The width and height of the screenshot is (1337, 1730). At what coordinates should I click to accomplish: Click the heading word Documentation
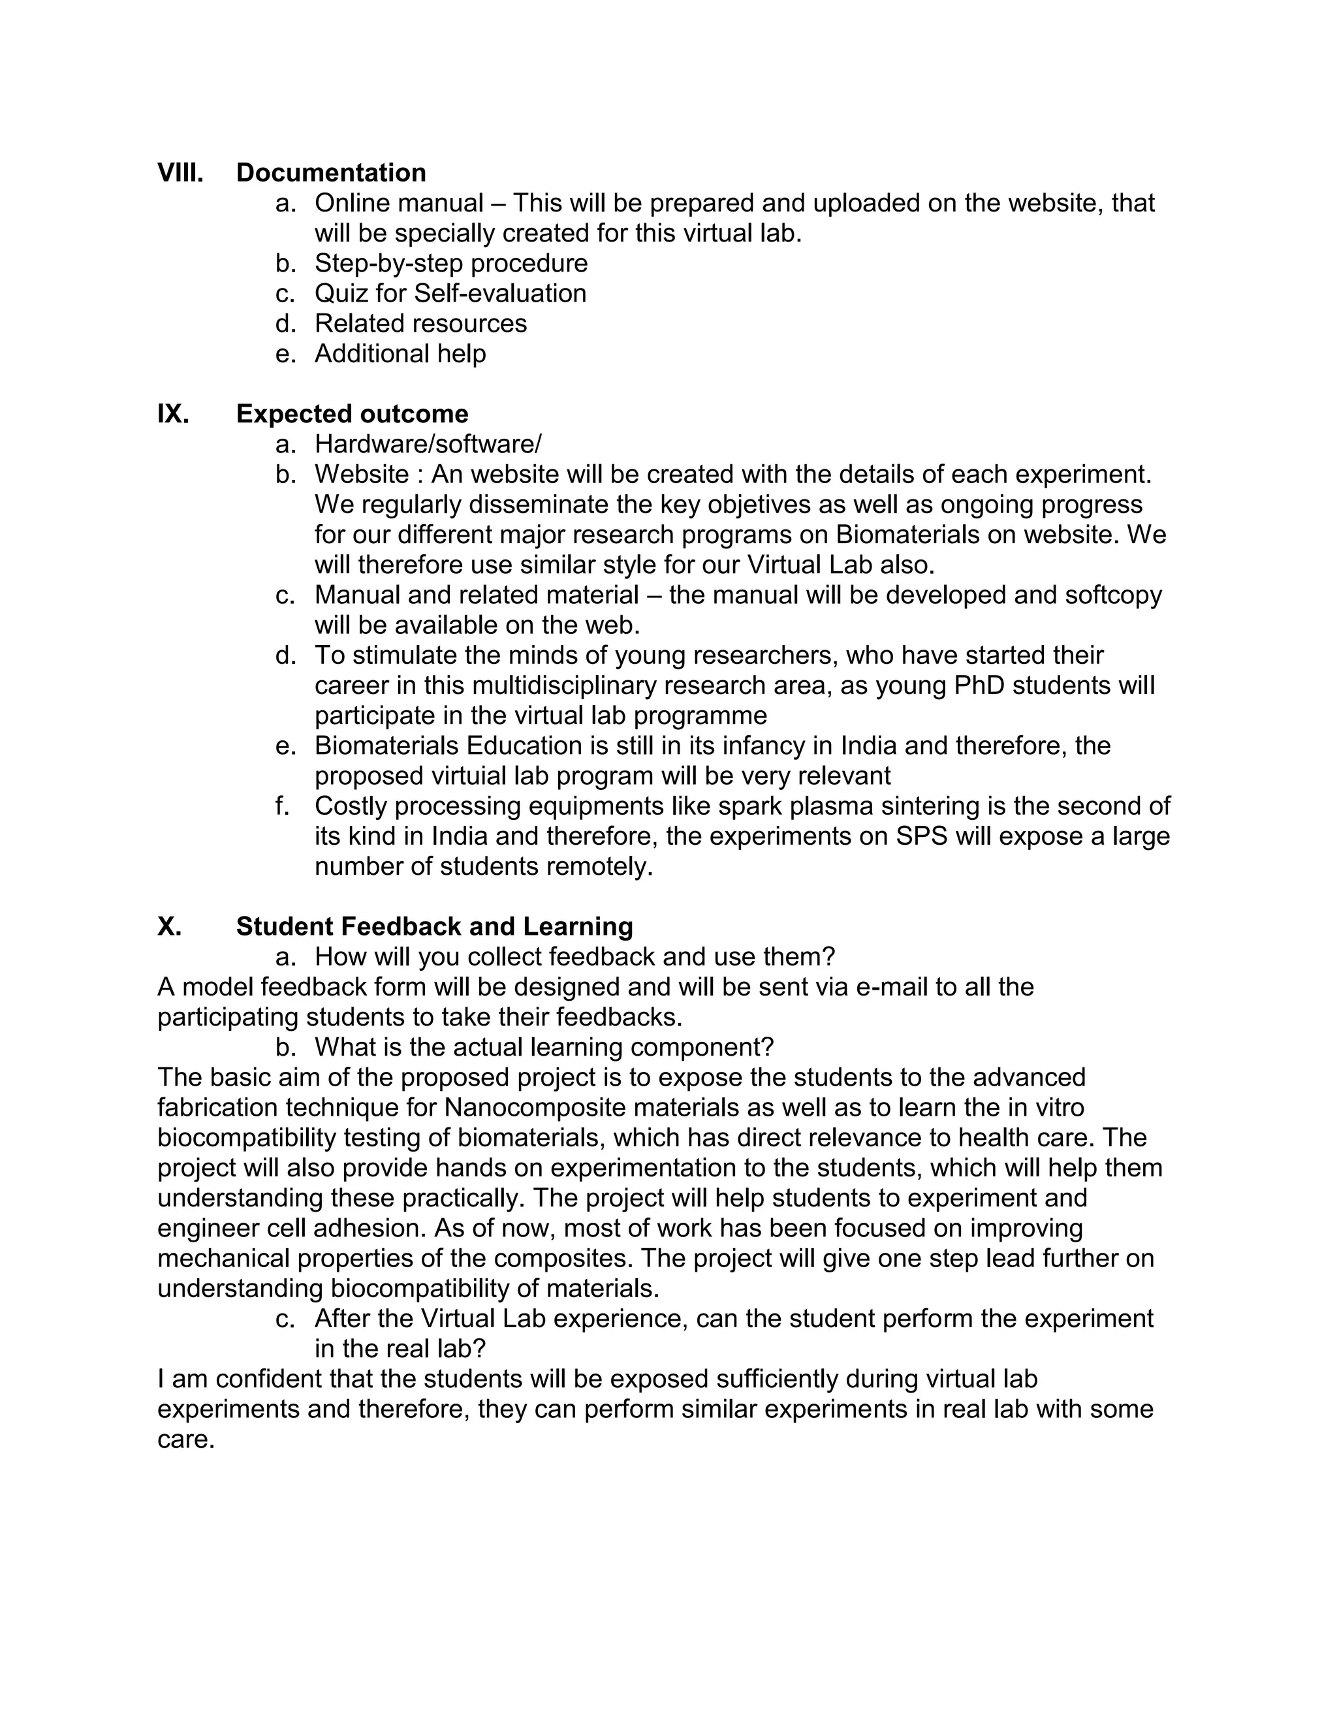pyautogui.click(x=330, y=173)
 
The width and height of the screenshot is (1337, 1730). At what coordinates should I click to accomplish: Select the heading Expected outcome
pyautogui.click(x=352, y=413)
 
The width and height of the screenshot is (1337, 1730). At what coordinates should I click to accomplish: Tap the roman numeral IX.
pyautogui.click(x=172, y=413)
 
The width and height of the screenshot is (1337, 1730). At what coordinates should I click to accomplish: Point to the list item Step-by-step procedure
pyautogui.click(x=450, y=263)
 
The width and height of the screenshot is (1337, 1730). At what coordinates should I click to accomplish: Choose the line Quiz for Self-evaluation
pyautogui.click(x=450, y=293)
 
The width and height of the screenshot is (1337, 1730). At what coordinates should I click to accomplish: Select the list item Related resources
pyautogui.click(x=420, y=323)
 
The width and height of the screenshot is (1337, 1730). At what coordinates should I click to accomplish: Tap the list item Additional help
pyautogui.click(x=400, y=353)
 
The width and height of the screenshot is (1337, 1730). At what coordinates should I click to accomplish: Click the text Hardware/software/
pyautogui.click(x=428, y=443)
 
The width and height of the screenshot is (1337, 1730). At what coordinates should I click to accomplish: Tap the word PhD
pyautogui.click(x=979, y=685)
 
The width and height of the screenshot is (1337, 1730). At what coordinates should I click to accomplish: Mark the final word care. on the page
pyautogui.click(x=186, y=1439)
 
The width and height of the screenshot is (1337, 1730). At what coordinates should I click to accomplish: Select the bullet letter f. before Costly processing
pyautogui.click(x=283, y=806)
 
